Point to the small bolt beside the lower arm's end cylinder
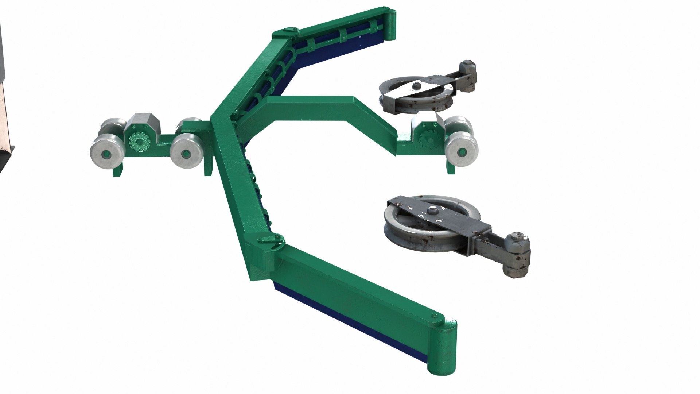(433, 315)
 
